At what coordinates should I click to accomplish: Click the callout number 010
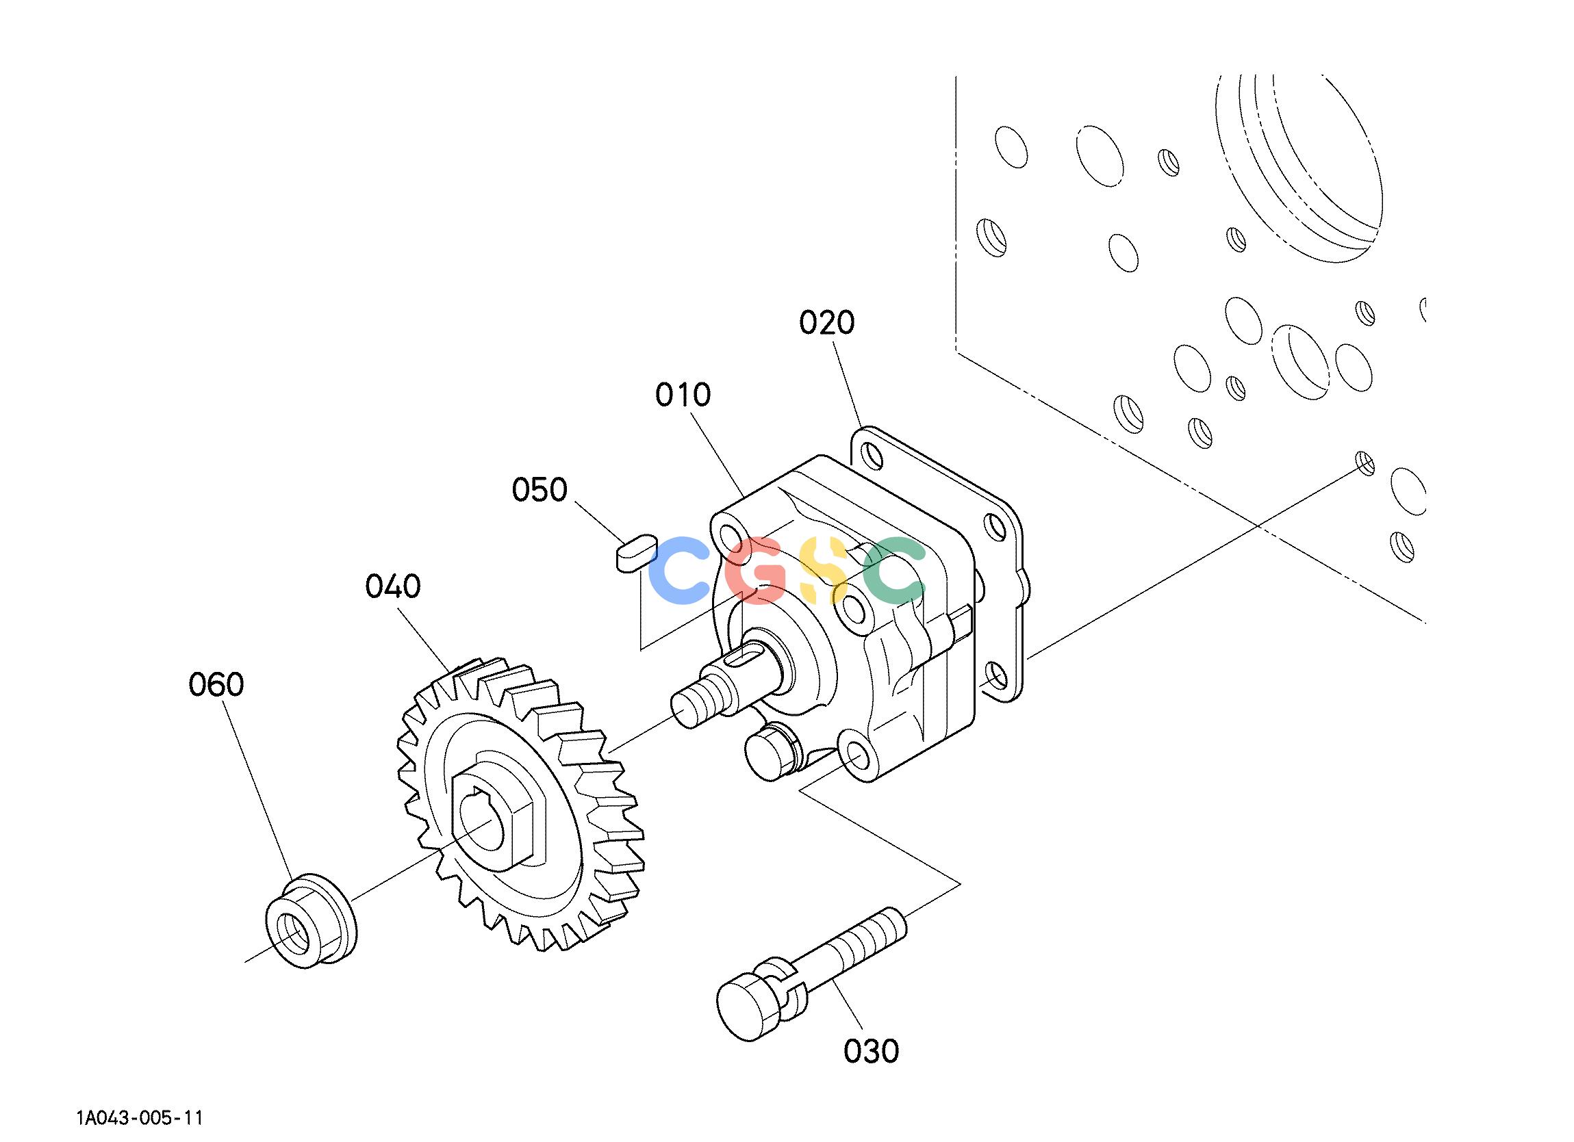pyautogui.click(x=683, y=395)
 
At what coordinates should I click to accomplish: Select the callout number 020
pyautogui.click(x=826, y=322)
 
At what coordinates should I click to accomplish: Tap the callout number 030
pyautogui.click(x=871, y=1051)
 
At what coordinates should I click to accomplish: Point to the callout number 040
pyautogui.click(x=394, y=587)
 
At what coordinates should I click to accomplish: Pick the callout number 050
pyautogui.click(x=540, y=490)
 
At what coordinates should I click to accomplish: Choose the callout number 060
pyautogui.click(x=216, y=685)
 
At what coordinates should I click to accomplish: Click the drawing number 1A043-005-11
pyautogui.click(x=140, y=1119)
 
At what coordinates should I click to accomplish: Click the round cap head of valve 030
pyautogui.click(x=750, y=1007)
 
